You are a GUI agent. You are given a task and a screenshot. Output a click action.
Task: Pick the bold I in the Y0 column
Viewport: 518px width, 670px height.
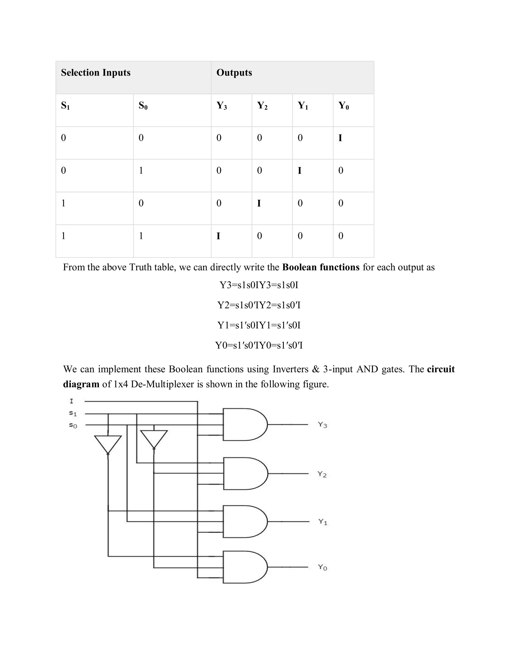[x=340, y=138]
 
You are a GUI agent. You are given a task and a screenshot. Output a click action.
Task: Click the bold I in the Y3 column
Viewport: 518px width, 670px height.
[x=218, y=236]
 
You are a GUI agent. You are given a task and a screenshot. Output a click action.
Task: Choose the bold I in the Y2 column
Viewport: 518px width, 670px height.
[x=259, y=203]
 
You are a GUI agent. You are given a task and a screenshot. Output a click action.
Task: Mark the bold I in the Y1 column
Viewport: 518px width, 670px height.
[x=299, y=171]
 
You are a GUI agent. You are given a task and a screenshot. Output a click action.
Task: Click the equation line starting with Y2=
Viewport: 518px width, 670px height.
[x=259, y=305]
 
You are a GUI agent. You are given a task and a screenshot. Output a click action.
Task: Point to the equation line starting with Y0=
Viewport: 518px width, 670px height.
[x=259, y=345]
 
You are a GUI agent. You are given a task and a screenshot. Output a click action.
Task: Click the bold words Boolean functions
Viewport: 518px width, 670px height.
[x=321, y=267]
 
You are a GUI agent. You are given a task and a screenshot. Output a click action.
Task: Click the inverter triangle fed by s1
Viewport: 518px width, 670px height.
[x=108, y=443]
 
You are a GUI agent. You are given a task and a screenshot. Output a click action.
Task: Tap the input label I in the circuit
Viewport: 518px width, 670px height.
[x=72, y=401]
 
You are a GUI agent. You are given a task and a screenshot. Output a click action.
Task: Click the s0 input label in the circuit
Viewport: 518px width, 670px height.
[x=73, y=425]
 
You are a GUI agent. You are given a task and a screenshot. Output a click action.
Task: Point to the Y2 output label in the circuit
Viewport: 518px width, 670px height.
[x=322, y=474]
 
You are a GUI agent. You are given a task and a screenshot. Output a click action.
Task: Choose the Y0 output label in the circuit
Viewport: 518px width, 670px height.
[x=322, y=567]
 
